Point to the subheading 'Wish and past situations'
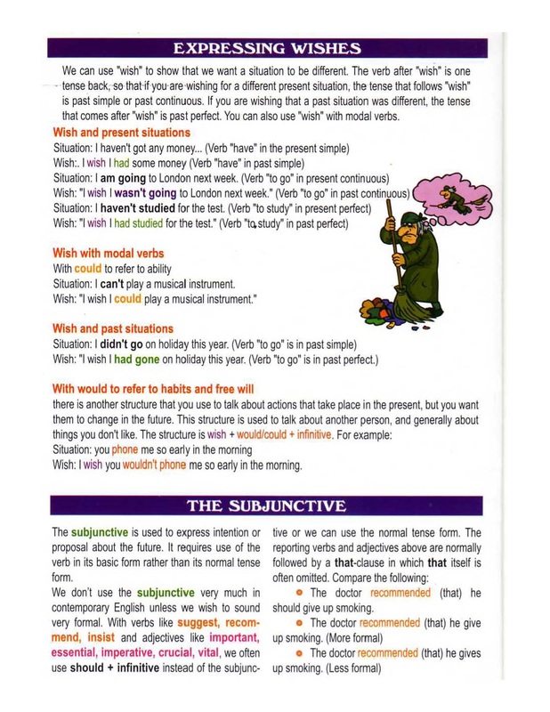click(x=114, y=328)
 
